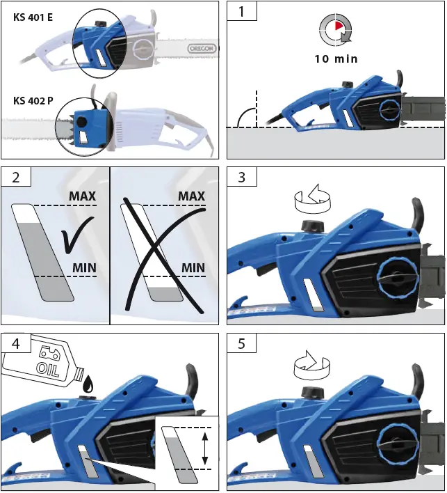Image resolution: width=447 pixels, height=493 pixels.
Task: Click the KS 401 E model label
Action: pyautogui.click(x=33, y=17)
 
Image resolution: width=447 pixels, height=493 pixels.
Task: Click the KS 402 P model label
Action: pyautogui.click(x=33, y=100)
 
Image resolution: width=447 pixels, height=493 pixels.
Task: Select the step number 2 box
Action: pyautogui.click(x=15, y=177)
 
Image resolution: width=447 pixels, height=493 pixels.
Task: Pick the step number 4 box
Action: pyautogui.click(x=15, y=343)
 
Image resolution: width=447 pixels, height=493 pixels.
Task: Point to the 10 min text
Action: pyautogui.click(x=336, y=59)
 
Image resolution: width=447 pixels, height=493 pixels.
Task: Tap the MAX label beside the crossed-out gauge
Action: pyautogui.click(x=191, y=196)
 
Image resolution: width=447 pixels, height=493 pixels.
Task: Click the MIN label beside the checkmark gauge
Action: pyautogui.click(x=83, y=268)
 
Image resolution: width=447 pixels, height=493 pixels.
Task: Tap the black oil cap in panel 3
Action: pyautogui.click(x=311, y=228)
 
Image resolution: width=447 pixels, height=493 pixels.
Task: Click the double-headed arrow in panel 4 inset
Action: pyautogui.click(x=204, y=448)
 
